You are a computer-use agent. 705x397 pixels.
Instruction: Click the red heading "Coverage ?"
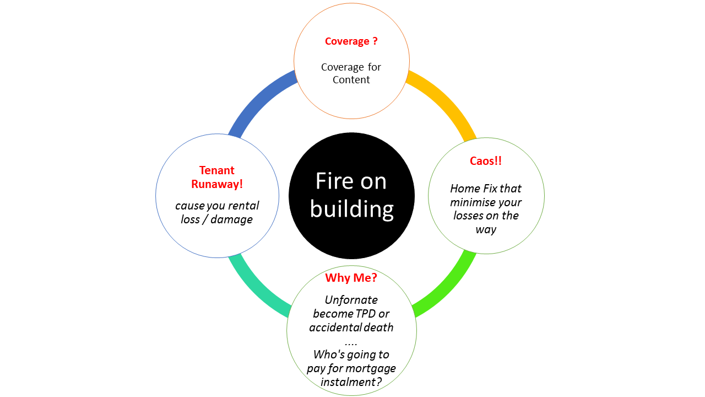(351, 41)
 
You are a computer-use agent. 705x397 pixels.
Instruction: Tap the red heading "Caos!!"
(486, 161)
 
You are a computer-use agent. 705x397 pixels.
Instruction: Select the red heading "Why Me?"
(351, 277)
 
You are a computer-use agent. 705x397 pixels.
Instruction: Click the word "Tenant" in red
(217, 170)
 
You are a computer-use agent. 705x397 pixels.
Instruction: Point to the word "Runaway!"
(217, 184)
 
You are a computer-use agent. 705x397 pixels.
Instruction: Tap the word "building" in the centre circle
(351, 209)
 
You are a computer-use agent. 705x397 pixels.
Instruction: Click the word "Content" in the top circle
(351, 80)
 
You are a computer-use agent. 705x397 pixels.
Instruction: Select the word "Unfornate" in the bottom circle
(351, 300)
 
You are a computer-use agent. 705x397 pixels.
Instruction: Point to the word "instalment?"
(351, 382)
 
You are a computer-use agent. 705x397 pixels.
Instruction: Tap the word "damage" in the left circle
(232, 219)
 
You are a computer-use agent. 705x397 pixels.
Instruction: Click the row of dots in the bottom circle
(351, 342)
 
